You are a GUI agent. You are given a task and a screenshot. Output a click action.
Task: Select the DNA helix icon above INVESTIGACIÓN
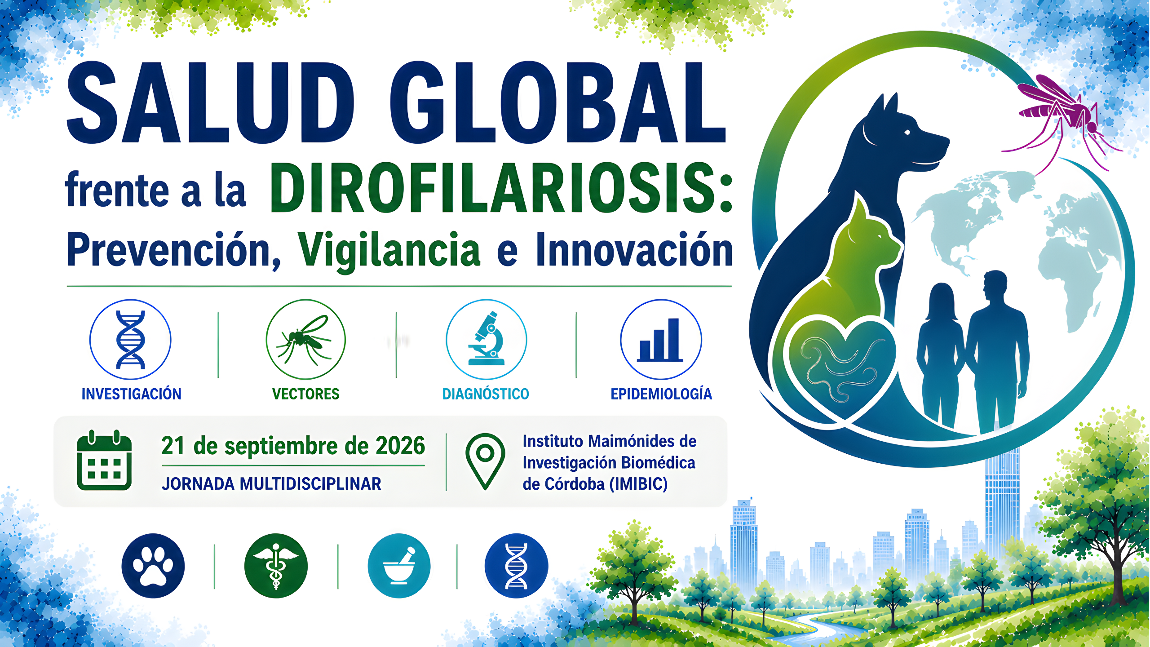coord(130,340)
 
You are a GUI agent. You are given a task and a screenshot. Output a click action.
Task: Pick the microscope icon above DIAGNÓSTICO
coord(486,340)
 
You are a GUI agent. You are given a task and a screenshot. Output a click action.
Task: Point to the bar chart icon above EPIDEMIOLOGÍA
coord(661,340)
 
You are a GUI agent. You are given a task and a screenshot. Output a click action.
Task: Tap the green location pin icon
coord(485,461)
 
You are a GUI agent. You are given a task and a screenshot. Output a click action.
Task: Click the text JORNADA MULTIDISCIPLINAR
coord(271,484)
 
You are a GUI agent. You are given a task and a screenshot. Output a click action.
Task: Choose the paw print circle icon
coord(153,566)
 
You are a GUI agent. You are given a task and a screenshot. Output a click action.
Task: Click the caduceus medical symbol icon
coord(276,566)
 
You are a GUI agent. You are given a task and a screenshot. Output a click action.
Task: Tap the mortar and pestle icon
coord(399,566)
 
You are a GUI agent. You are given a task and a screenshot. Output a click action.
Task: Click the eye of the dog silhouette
coord(907,132)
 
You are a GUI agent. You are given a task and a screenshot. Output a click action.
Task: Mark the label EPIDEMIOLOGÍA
coord(661,394)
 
